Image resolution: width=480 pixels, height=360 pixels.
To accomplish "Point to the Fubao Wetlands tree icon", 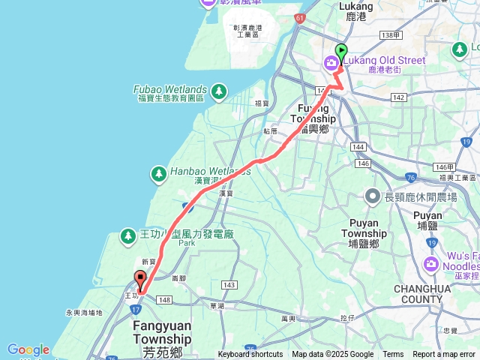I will tap(218, 92).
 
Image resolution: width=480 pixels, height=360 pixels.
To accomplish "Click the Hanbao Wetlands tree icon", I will tap(159, 175).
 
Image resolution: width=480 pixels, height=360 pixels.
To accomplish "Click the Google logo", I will tap(28, 350).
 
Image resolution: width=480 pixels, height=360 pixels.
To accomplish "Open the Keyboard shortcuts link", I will tap(250, 355).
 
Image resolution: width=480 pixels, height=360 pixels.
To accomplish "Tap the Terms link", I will tap(393, 355).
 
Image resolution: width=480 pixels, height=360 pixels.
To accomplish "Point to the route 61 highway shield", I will tap(300, 16).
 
